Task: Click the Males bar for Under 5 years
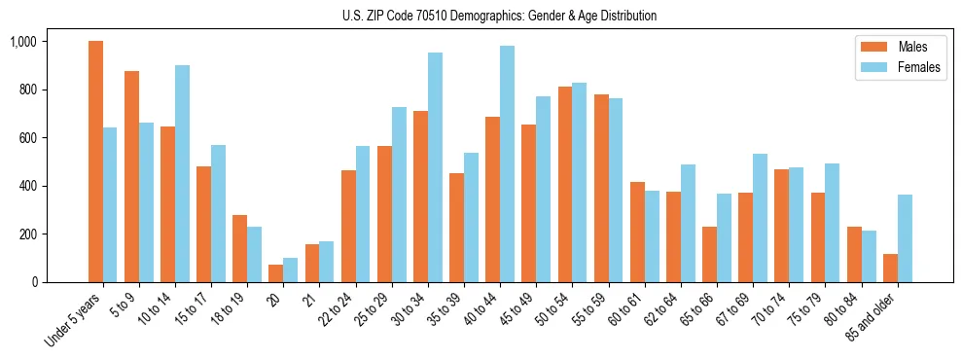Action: (x=95, y=162)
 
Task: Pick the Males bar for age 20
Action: (x=276, y=273)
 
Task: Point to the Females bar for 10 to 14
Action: (x=182, y=173)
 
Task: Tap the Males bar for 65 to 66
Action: (x=709, y=254)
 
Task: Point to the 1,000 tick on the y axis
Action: (x=23, y=42)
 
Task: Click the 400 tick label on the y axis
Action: (x=28, y=186)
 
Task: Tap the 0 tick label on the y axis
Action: (x=34, y=282)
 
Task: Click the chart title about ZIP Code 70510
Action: (x=499, y=16)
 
